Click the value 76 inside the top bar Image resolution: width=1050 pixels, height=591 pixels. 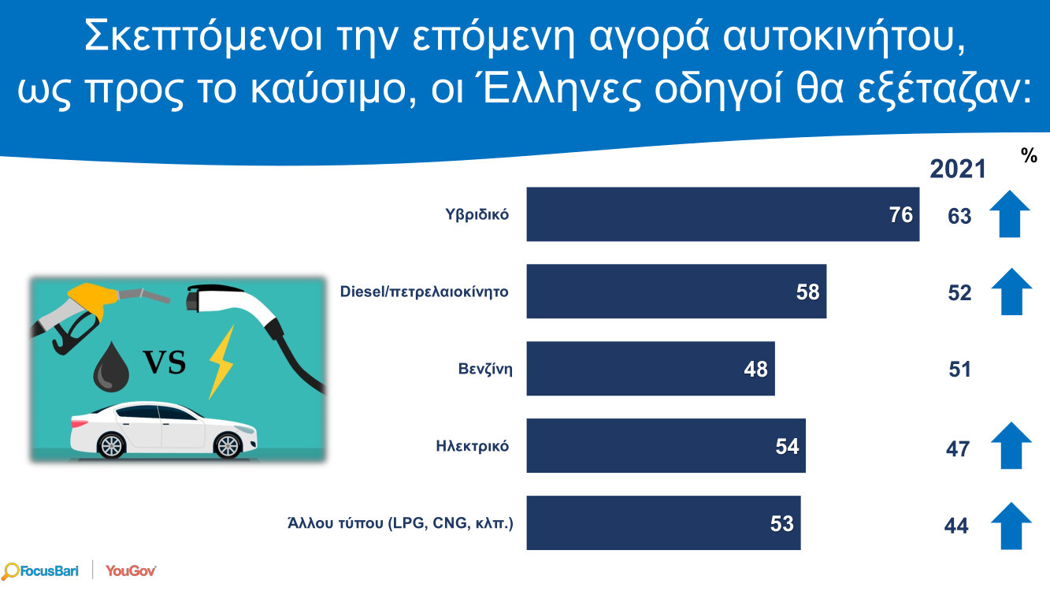click(900, 215)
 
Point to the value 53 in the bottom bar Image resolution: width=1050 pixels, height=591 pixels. click(781, 523)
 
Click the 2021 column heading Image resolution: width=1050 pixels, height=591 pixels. click(958, 169)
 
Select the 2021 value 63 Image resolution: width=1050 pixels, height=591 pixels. click(959, 216)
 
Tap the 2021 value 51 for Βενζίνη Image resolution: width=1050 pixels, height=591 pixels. click(959, 370)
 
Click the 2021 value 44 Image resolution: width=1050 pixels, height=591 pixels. click(956, 526)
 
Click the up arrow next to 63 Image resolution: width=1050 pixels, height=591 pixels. click(1010, 214)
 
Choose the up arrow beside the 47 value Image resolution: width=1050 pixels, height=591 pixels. click(1010, 446)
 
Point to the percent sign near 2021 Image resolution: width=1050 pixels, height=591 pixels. click(1029, 156)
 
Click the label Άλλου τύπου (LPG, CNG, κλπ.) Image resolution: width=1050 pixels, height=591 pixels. click(401, 523)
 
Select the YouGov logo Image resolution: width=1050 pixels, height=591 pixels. click(131, 571)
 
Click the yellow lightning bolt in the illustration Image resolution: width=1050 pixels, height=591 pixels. click(222, 362)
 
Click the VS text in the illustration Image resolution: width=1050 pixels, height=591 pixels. click(164, 362)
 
